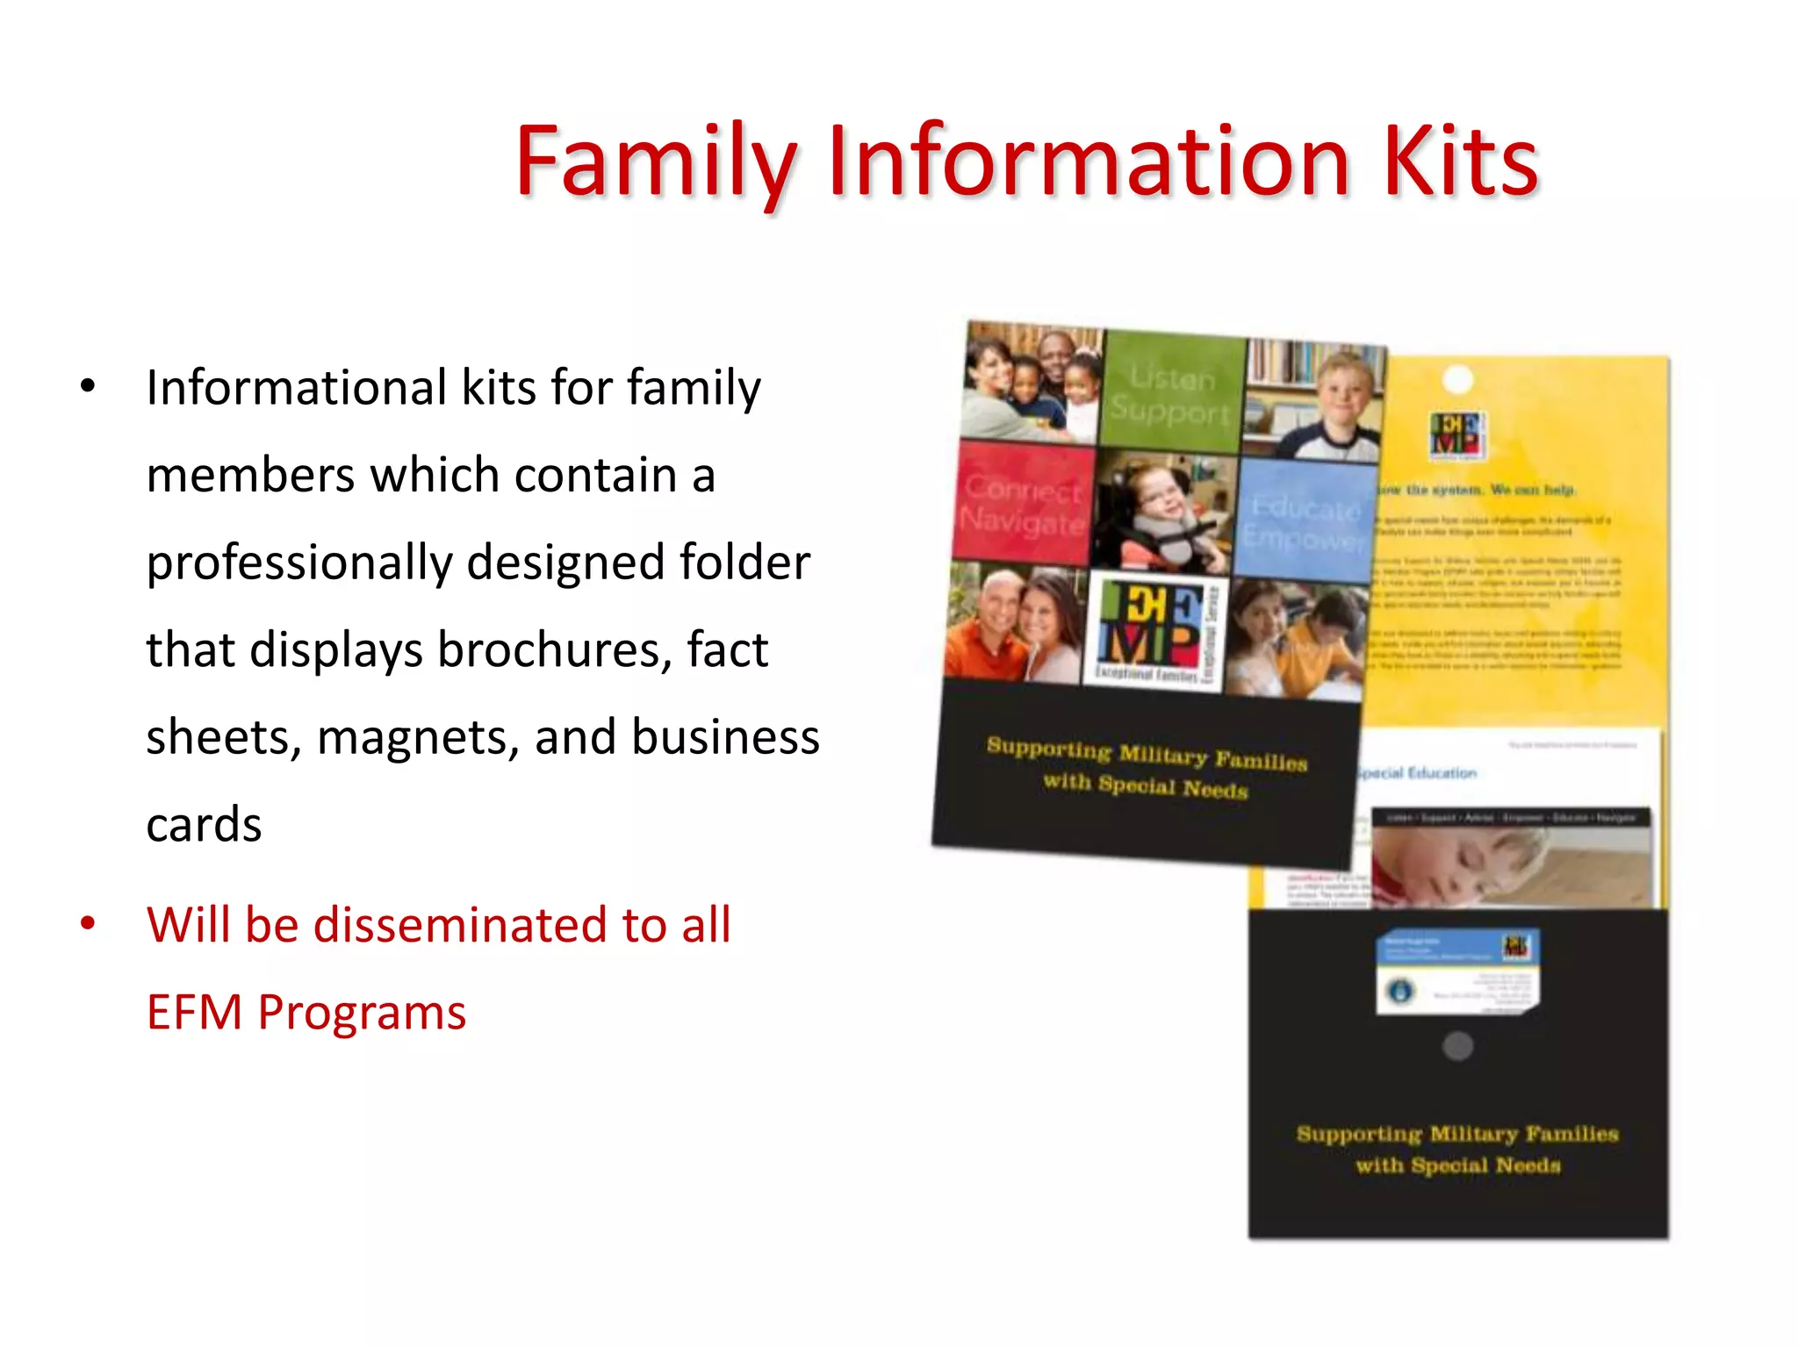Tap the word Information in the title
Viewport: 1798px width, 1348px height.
coord(1089,162)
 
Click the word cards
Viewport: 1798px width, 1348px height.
coord(204,825)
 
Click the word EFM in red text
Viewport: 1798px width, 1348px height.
coord(194,1013)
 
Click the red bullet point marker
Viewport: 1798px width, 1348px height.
coord(88,923)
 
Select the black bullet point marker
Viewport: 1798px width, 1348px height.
coord(88,386)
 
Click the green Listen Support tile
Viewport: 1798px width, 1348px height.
coord(1171,393)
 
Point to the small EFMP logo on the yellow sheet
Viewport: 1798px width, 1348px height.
coord(1457,435)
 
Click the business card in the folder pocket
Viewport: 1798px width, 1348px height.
coord(1456,972)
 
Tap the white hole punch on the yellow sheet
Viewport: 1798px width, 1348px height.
coord(1458,380)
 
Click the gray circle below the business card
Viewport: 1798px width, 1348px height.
coord(1457,1046)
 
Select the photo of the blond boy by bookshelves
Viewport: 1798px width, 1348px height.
coord(1316,400)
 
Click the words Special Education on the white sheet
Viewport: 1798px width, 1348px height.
coord(1418,773)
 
